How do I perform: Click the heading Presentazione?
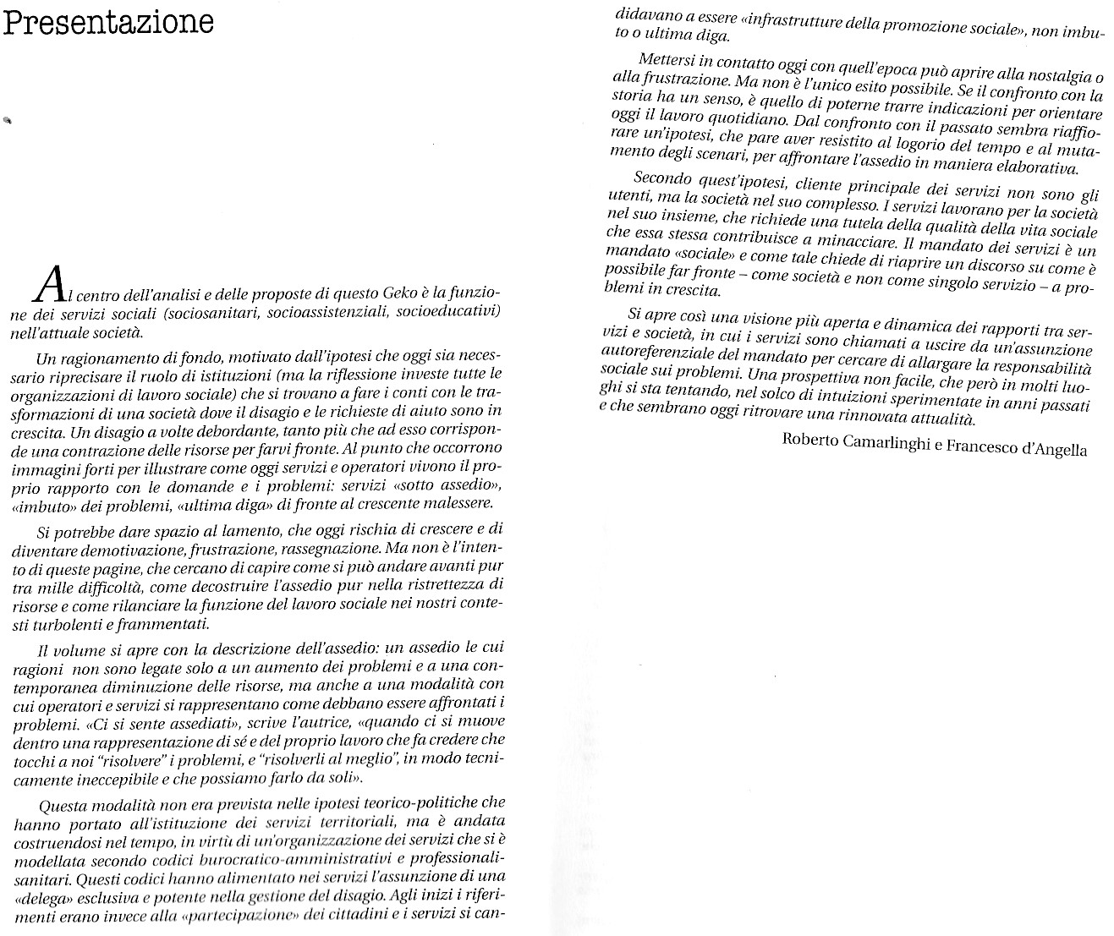[x=107, y=22]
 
